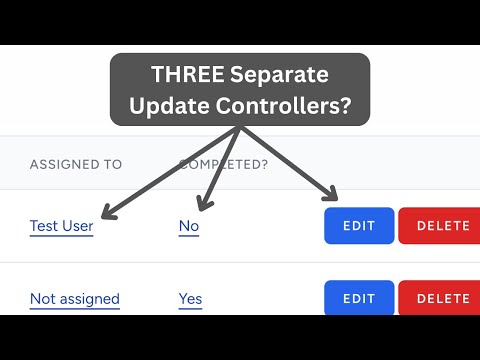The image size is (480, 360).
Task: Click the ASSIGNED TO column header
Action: click(75, 164)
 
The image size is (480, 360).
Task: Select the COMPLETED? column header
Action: click(223, 164)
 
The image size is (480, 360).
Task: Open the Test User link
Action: click(61, 226)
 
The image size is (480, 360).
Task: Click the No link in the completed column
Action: click(188, 226)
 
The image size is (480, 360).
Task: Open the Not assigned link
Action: click(74, 298)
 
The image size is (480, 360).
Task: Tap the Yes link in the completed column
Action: click(190, 298)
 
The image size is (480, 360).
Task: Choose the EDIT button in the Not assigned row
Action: click(359, 298)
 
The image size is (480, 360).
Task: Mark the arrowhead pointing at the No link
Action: click(200, 207)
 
